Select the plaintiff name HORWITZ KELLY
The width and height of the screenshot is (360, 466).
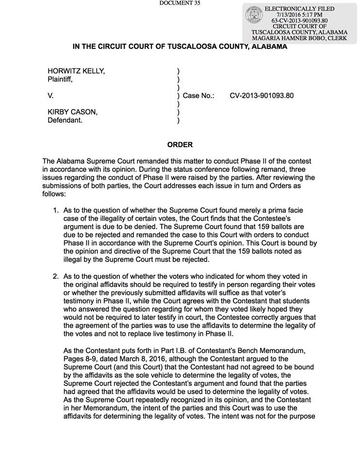pos(76,71)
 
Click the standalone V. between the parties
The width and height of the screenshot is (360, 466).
pos(50,96)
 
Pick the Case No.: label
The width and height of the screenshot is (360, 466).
pos(198,96)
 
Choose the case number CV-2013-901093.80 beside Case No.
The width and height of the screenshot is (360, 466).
pos(262,96)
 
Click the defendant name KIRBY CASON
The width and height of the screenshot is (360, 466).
pos(72,112)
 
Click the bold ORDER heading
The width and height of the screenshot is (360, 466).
pos(180,145)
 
